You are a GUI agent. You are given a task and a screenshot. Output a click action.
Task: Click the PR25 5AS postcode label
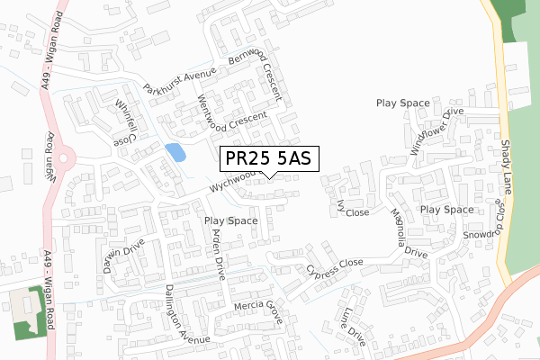[x=268, y=158]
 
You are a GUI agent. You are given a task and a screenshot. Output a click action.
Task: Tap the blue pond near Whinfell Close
[x=176, y=152]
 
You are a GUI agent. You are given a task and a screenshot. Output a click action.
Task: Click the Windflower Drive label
[x=436, y=130]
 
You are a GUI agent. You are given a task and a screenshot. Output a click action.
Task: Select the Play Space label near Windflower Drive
[x=402, y=103]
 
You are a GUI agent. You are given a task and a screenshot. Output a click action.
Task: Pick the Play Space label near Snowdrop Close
[x=446, y=209]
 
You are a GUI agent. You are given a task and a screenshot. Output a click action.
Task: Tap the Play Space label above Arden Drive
[x=231, y=220]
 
